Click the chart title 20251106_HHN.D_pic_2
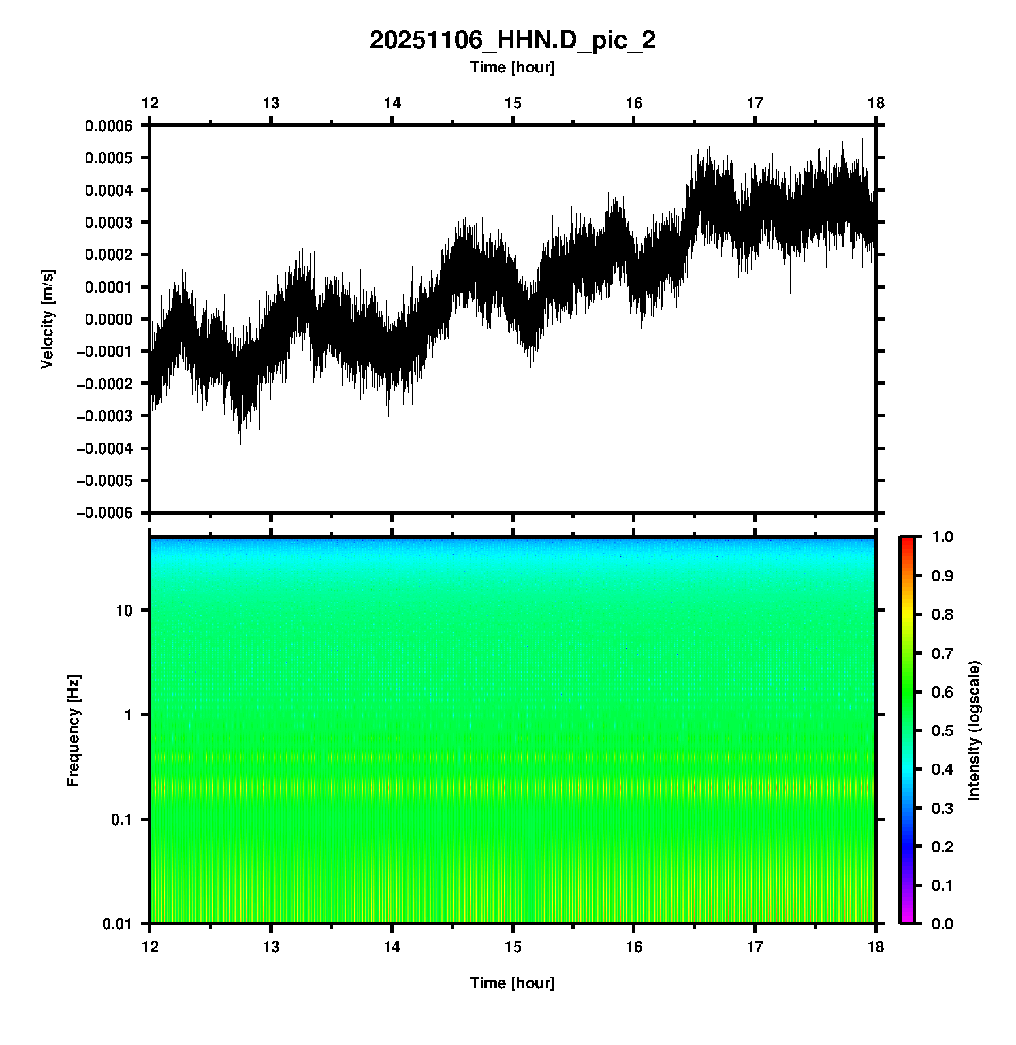coord(512,40)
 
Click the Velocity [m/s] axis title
coord(48,319)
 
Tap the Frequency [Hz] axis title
coord(74,731)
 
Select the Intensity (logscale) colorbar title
coord(974,730)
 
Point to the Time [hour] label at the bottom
coord(512,983)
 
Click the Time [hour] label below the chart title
coord(512,67)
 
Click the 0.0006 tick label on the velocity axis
coord(108,126)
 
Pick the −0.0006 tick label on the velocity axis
coord(104,513)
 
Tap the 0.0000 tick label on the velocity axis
coord(108,319)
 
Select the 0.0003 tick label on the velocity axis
coord(108,223)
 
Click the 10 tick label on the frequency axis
coord(124,611)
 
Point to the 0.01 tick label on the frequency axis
coord(118,924)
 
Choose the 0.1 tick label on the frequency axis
coord(121,820)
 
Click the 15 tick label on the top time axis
coord(513,103)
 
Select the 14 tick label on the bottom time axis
coord(392,947)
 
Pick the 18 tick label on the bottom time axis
coord(876,947)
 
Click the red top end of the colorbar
coord(906,541)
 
